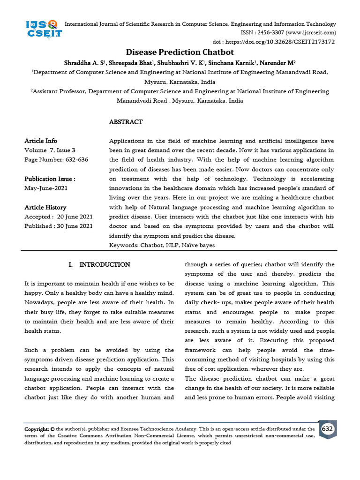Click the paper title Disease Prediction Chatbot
[x=180, y=52]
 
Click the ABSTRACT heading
[x=126, y=122]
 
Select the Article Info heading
[x=41, y=141]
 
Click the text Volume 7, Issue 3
[x=50, y=150]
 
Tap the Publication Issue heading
[x=50, y=179]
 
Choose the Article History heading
[x=45, y=207]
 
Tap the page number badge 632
[x=328, y=429]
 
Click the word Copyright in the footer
[x=37, y=429]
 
